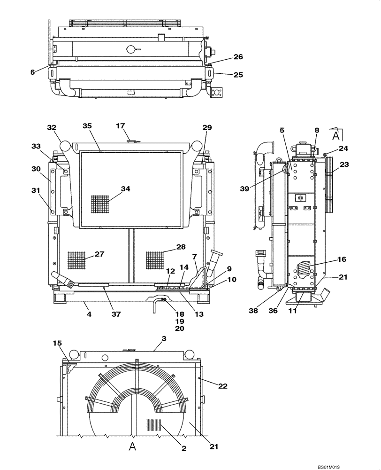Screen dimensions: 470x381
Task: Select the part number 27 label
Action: [x=99, y=254]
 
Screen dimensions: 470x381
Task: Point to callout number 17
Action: [x=121, y=125]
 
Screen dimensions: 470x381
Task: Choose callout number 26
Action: [x=238, y=57]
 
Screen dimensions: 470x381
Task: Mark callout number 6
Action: [x=33, y=72]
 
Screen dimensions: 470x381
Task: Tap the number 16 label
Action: [x=341, y=259]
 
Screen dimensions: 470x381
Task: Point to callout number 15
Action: [x=57, y=344]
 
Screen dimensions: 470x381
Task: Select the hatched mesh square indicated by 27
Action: [x=76, y=261]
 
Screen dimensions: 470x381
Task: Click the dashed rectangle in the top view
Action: [x=132, y=93]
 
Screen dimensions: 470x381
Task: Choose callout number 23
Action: [x=345, y=165]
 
